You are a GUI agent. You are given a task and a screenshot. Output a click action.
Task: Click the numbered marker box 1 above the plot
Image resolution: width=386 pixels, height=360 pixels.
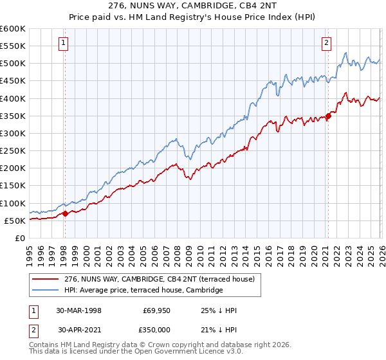click(x=64, y=43)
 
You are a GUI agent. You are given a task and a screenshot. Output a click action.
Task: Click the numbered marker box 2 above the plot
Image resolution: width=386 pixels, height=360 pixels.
click(x=326, y=43)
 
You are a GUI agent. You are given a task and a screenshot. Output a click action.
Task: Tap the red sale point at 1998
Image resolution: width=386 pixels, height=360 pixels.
click(x=65, y=213)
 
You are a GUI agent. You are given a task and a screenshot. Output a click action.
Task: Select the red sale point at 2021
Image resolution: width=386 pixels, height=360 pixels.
click(x=328, y=116)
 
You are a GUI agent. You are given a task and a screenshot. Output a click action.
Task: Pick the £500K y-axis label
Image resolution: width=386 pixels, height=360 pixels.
click(x=12, y=64)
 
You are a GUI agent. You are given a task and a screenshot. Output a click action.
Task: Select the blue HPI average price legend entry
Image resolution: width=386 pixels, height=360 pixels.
click(x=143, y=291)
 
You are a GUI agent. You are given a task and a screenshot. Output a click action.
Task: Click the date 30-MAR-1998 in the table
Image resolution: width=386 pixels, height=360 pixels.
click(x=79, y=310)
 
